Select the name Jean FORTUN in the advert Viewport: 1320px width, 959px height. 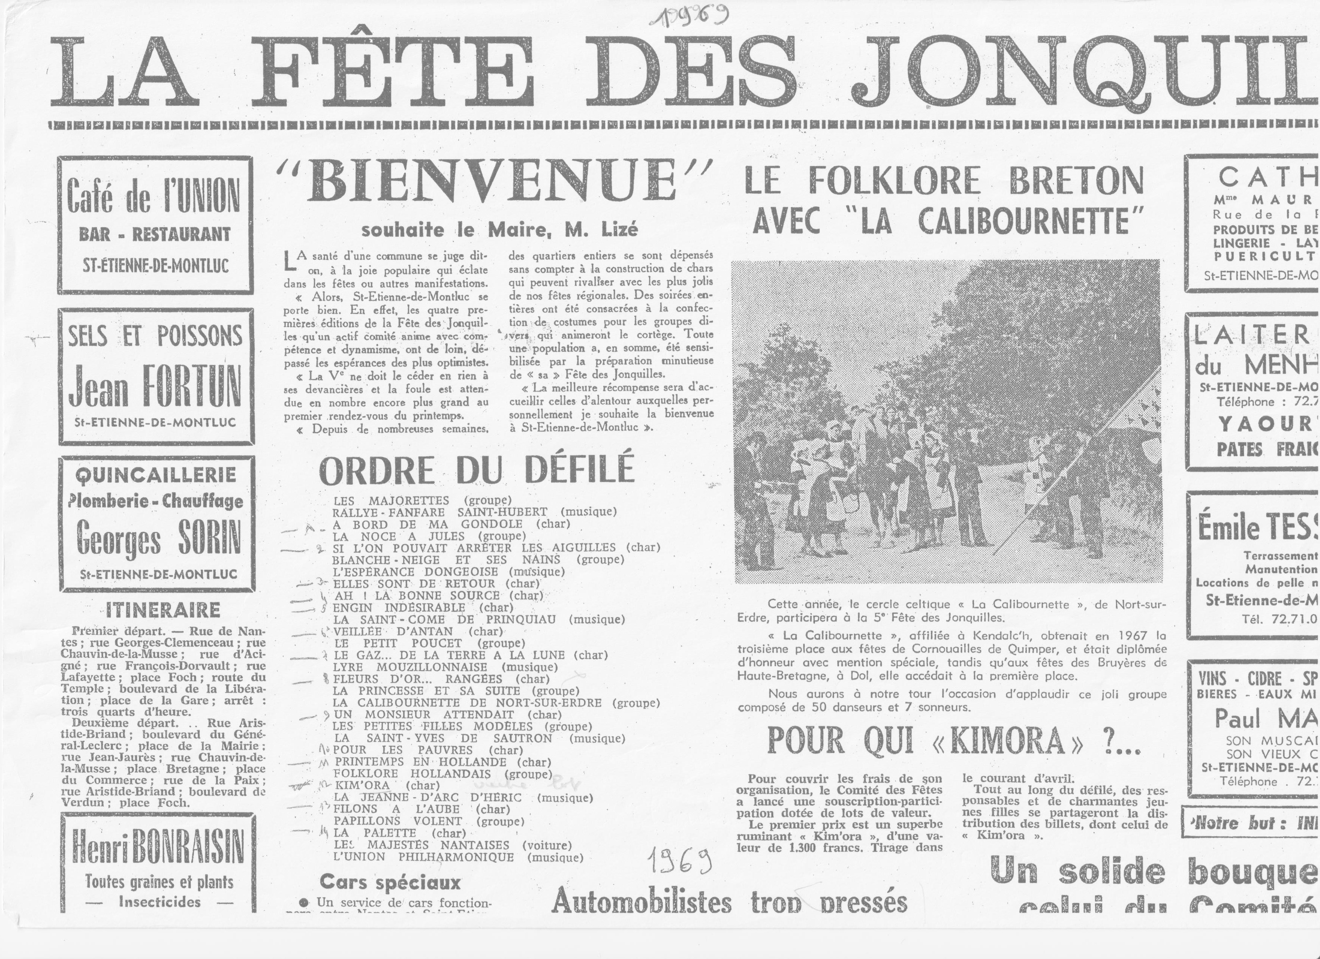(155, 386)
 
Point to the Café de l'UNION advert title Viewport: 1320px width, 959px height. (154, 197)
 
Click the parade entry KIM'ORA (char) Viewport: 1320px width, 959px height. (382, 785)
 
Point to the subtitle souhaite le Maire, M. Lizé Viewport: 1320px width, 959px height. (499, 230)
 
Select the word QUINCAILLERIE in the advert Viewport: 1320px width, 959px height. (156, 475)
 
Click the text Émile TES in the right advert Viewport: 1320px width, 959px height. (1257, 528)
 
